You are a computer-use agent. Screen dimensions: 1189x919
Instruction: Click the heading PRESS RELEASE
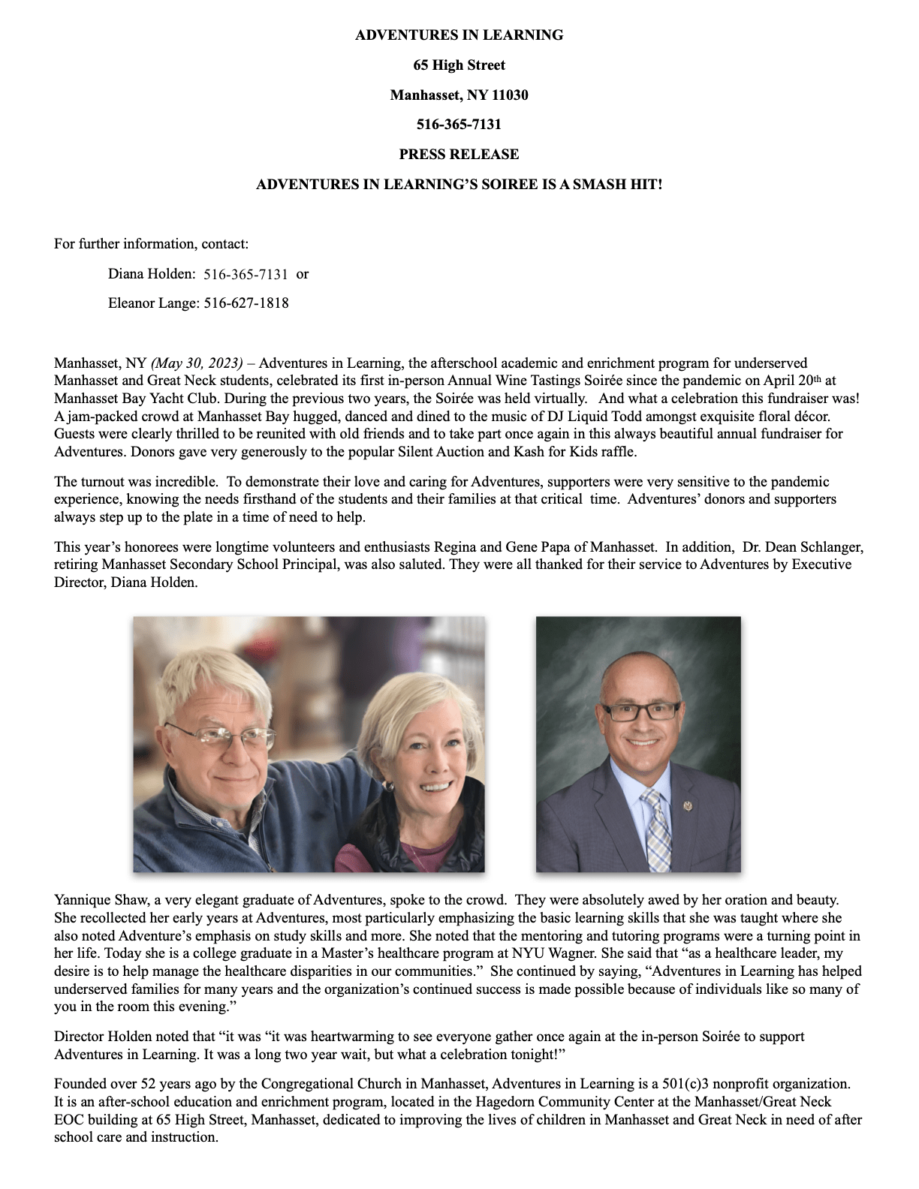click(x=459, y=155)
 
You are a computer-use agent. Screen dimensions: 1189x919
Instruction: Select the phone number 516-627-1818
click(x=246, y=303)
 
